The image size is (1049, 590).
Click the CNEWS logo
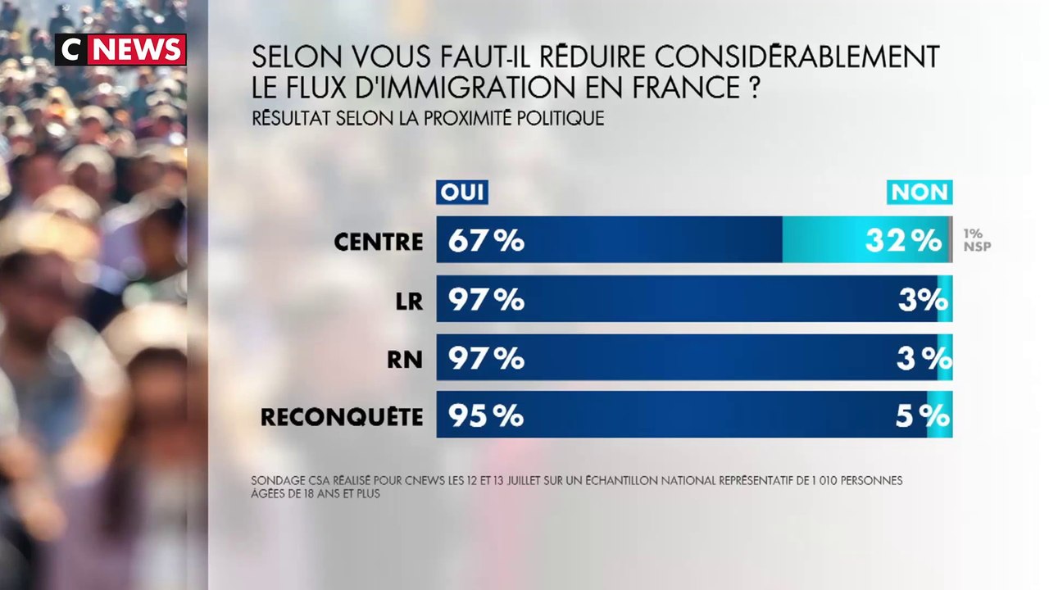point(120,50)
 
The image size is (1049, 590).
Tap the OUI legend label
point(462,192)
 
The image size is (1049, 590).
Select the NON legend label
point(920,192)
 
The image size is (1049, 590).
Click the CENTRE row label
point(379,241)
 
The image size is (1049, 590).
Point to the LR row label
point(408,300)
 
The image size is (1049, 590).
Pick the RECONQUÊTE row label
point(342,416)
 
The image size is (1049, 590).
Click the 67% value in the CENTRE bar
point(486,240)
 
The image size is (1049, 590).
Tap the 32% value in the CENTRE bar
point(903,240)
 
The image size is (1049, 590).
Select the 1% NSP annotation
point(976,239)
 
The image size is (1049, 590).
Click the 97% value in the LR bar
point(486,299)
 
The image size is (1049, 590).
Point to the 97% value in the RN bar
point(486,358)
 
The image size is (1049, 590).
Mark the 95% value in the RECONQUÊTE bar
point(486,416)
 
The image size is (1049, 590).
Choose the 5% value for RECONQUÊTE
point(923,416)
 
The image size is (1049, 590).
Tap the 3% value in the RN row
point(923,358)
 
